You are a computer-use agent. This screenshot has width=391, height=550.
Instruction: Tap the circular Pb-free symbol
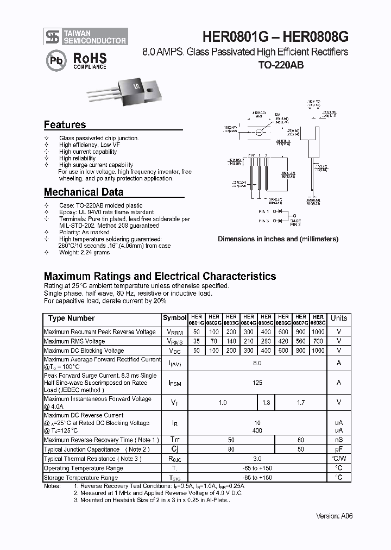(x=55, y=60)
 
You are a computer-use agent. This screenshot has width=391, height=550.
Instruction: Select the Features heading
(x=65, y=125)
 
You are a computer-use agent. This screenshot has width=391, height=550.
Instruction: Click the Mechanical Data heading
(x=83, y=192)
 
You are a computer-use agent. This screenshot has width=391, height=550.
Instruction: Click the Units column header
(x=339, y=318)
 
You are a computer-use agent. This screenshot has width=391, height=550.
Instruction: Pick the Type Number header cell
(x=71, y=318)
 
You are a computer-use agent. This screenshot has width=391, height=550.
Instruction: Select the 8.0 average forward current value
(x=257, y=363)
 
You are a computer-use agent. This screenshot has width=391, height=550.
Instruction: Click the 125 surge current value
(x=257, y=383)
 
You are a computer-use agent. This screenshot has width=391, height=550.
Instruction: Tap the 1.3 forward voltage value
(x=266, y=403)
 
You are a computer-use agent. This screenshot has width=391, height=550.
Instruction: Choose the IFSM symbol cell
(x=174, y=383)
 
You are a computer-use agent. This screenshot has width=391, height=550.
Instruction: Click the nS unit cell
(x=339, y=440)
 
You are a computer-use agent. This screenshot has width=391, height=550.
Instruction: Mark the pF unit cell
(x=339, y=449)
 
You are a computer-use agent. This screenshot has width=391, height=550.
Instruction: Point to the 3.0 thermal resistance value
(x=257, y=459)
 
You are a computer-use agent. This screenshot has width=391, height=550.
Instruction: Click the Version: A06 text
(x=335, y=516)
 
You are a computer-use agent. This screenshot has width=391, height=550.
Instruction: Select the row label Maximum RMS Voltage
(x=74, y=341)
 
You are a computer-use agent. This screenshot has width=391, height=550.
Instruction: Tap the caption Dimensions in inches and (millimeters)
(x=278, y=239)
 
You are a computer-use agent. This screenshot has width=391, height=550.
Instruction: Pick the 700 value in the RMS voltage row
(x=318, y=341)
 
